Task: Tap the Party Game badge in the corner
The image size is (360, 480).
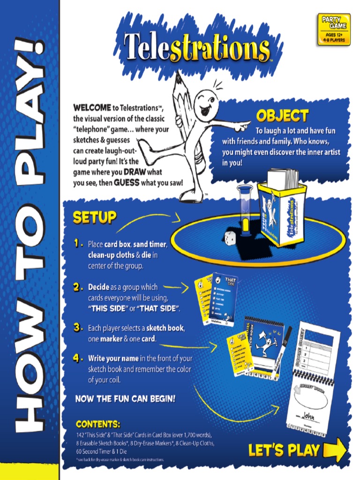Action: (333, 29)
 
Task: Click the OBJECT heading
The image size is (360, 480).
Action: (282, 116)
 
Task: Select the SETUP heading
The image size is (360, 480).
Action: (94, 217)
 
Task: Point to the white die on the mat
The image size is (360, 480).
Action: (230, 238)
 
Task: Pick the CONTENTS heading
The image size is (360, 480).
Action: (98, 424)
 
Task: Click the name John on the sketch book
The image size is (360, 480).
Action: (308, 415)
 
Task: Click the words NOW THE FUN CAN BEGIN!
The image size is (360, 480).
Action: (126, 399)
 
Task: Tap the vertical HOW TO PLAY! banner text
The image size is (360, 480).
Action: (29, 234)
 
